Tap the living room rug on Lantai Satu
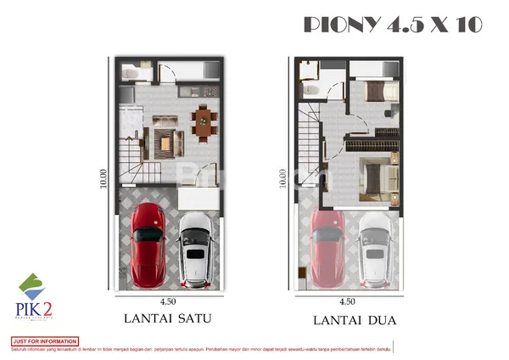164,141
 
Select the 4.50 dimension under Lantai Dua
347,301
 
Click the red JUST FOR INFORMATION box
44,341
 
